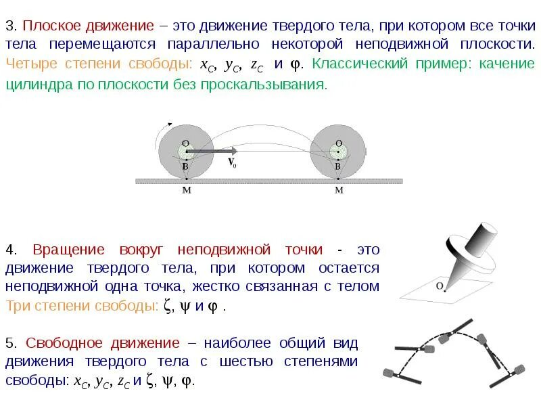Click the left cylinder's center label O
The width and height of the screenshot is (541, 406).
coord(185,143)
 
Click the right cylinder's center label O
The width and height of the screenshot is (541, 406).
coord(337,143)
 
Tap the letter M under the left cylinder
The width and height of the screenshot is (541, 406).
coord(187,191)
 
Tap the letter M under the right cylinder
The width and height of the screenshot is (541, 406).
coord(339,191)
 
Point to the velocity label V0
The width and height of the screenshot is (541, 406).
coord(231,163)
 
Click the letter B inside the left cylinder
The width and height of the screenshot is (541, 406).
coord(185,166)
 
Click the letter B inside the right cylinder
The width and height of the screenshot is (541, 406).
coord(337,166)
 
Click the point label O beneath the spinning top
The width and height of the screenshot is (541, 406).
coord(440,286)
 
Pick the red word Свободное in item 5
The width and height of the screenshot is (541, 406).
coord(68,343)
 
